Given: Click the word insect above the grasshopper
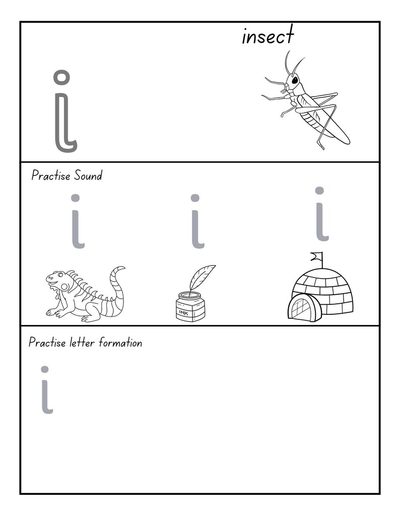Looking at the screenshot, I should point(268,36).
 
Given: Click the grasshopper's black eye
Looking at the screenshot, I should point(294,80).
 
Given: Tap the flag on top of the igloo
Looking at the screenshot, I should point(316,256).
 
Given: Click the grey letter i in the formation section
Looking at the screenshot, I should point(46,395).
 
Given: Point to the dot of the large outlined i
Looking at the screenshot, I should point(61,77).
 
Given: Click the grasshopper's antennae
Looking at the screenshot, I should point(292,63).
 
